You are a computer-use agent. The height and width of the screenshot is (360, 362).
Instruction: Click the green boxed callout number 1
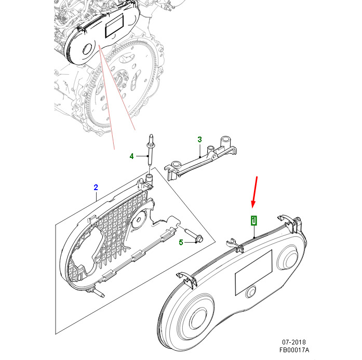[x=253, y=221]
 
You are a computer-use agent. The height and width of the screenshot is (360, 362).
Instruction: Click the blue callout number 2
[x=96, y=187]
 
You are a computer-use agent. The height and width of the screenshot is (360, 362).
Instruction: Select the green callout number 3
[x=199, y=139]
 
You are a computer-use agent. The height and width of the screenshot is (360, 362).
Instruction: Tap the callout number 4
[x=131, y=156]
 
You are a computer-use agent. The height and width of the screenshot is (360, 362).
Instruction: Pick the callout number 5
[x=181, y=242]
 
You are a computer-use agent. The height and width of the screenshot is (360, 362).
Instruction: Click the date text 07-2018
[x=294, y=343]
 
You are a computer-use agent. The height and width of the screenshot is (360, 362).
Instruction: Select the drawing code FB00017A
[x=294, y=351]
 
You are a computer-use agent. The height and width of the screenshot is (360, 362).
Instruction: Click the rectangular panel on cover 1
[x=254, y=270]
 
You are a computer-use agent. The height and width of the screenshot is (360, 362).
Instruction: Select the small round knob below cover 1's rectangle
[x=250, y=293]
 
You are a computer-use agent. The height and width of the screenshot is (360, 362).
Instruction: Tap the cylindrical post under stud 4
[x=149, y=180]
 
